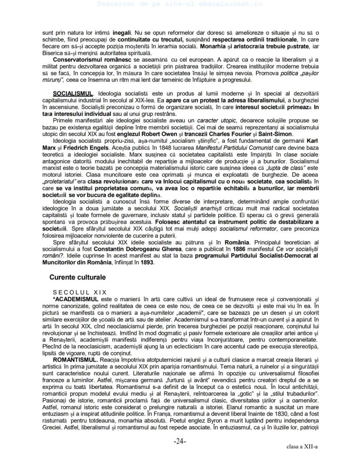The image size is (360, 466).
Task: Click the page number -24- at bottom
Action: click(180, 441)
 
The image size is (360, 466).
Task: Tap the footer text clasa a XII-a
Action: click(302, 446)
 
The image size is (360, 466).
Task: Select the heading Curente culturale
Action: click(77, 277)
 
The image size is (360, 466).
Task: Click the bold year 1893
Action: click(146, 262)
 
